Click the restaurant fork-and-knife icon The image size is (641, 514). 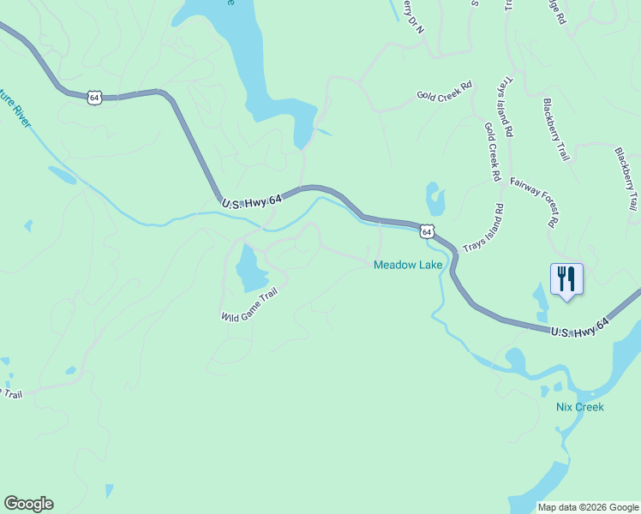coord(566,279)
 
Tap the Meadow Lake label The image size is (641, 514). coord(408,265)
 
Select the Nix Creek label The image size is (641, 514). coord(579,407)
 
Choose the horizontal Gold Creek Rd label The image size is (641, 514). coord(445,90)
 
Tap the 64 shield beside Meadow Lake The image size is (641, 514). coord(426,231)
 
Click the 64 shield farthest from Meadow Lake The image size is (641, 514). coord(94,98)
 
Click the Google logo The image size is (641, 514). coord(28,504)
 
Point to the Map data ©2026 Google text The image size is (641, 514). coord(587,507)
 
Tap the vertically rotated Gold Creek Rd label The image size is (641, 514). coord(491,151)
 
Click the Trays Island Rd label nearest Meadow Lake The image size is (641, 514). coord(483,228)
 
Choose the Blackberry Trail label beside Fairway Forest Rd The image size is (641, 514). coord(555,129)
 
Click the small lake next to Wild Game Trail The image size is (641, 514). coord(250,268)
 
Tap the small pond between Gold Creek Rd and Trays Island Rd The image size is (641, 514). coord(435,199)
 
